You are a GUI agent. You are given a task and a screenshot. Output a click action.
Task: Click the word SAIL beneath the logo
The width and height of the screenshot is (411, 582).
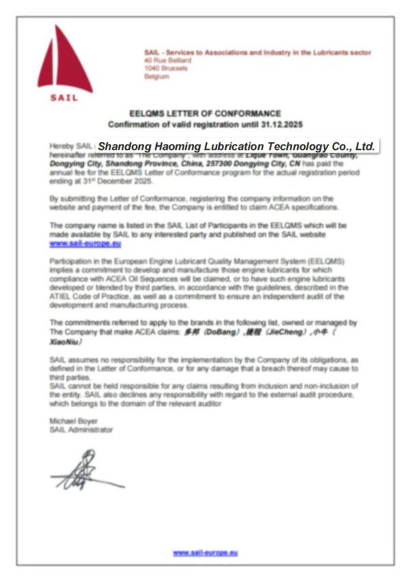click(64, 97)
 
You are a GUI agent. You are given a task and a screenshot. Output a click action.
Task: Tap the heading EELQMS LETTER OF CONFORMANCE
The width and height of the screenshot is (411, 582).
click(205, 113)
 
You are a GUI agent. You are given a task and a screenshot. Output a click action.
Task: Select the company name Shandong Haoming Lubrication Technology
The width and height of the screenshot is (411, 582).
click(236, 146)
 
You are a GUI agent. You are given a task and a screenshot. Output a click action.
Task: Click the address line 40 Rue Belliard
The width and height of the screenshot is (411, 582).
click(168, 60)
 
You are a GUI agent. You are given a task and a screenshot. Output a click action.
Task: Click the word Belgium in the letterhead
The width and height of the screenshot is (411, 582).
click(156, 77)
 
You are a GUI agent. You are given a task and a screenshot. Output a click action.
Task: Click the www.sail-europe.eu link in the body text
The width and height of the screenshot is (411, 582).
click(76, 243)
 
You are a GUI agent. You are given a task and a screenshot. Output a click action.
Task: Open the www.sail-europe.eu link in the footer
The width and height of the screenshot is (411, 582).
click(205, 552)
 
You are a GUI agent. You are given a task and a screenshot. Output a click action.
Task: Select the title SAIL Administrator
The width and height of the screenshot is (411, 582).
click(81, 430)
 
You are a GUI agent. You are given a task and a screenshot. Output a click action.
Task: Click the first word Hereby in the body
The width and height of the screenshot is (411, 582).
click(60, 147)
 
